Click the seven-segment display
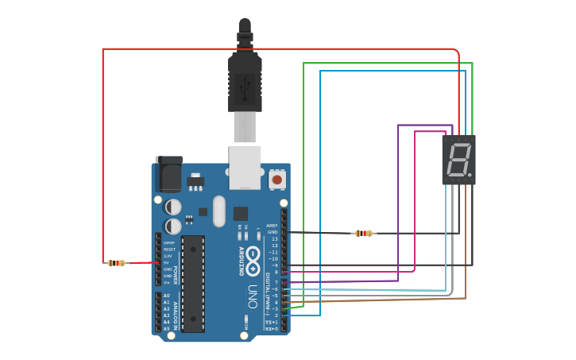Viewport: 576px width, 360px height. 458,160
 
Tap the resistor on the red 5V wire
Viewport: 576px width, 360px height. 116,263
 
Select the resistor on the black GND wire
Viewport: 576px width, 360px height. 364,233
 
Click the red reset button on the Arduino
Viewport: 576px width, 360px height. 276,180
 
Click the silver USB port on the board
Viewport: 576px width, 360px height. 245,167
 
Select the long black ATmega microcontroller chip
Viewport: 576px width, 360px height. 193,284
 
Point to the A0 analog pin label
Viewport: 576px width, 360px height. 167,296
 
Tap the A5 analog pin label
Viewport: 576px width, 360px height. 167,328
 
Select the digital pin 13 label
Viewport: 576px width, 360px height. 274,239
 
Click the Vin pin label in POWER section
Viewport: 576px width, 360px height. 168,282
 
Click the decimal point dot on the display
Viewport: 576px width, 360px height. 470,174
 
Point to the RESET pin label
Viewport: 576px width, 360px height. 168,250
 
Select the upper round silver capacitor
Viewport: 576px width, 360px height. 172,207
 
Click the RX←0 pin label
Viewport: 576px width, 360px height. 272,328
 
